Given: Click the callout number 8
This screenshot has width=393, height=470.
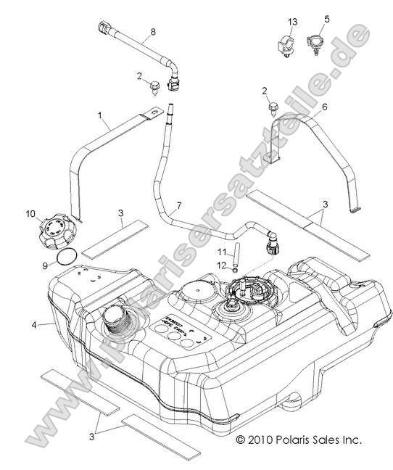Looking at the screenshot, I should (153, 32).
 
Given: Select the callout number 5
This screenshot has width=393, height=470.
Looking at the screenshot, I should (326, 20).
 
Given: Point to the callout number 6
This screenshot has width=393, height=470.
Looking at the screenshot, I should (324, 107).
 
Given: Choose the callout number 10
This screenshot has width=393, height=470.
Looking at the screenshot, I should (30, 214).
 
